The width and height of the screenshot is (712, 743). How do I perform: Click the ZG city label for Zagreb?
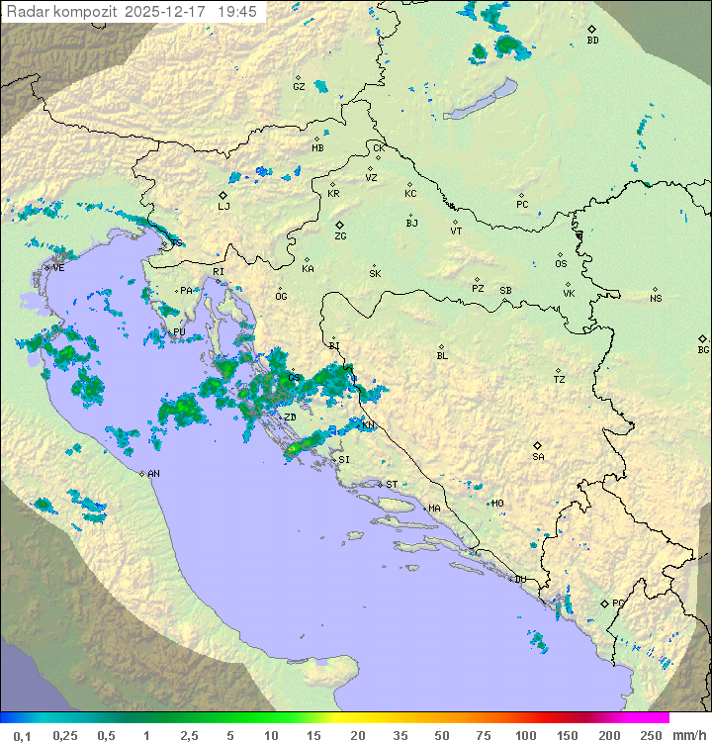[340, 236]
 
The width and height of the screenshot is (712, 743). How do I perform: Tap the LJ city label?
[223, 206]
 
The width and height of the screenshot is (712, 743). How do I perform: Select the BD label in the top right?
[592, 41]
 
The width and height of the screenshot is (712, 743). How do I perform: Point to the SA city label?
[538, 456]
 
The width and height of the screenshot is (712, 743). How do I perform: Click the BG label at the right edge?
[703, 349]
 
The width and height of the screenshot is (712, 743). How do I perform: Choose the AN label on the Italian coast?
[153, 474]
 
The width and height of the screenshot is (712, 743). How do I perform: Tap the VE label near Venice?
[58, 268]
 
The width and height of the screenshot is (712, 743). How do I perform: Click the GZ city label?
[299, 87]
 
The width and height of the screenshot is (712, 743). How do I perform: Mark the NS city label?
[656, 299]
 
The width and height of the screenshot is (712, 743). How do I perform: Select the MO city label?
[497, 504]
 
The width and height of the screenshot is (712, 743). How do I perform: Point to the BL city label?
[442, 355]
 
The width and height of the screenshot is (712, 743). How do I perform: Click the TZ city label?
[559, 379]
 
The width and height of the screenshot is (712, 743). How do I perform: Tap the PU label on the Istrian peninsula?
[179, 332]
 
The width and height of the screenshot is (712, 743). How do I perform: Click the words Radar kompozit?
[63, 12]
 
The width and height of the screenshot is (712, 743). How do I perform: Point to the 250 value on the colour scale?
[650, 735]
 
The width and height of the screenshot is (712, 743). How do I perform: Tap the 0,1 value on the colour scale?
[22, 735]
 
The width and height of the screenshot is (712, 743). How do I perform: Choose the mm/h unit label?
[687, 735]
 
